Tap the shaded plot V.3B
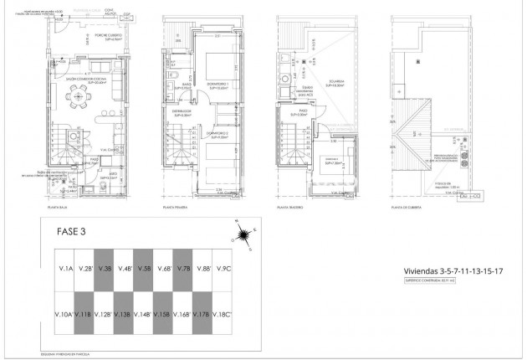(104, 269)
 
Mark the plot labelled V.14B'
(143, 315)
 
